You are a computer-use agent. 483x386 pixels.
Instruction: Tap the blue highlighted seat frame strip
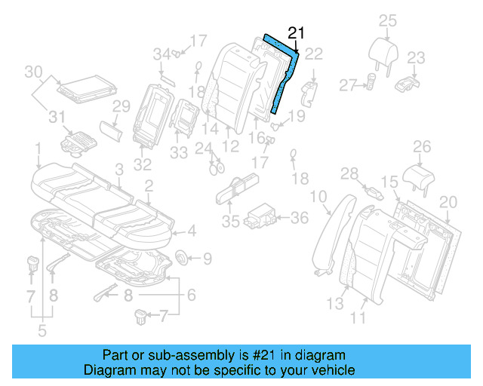(285, 75)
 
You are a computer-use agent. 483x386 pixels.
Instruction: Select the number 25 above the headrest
(387, 20)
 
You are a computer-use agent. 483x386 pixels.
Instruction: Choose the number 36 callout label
(300, 218)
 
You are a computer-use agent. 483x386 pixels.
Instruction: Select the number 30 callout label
(32, 72)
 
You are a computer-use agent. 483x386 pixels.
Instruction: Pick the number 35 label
(230, 222)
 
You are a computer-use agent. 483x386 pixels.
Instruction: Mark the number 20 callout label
(448, 201)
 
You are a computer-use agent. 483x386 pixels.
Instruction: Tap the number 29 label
(122, 107)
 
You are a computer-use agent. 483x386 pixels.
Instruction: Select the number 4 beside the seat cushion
(192, 231)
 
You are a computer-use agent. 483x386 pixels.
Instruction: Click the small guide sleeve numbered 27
(371, 81)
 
